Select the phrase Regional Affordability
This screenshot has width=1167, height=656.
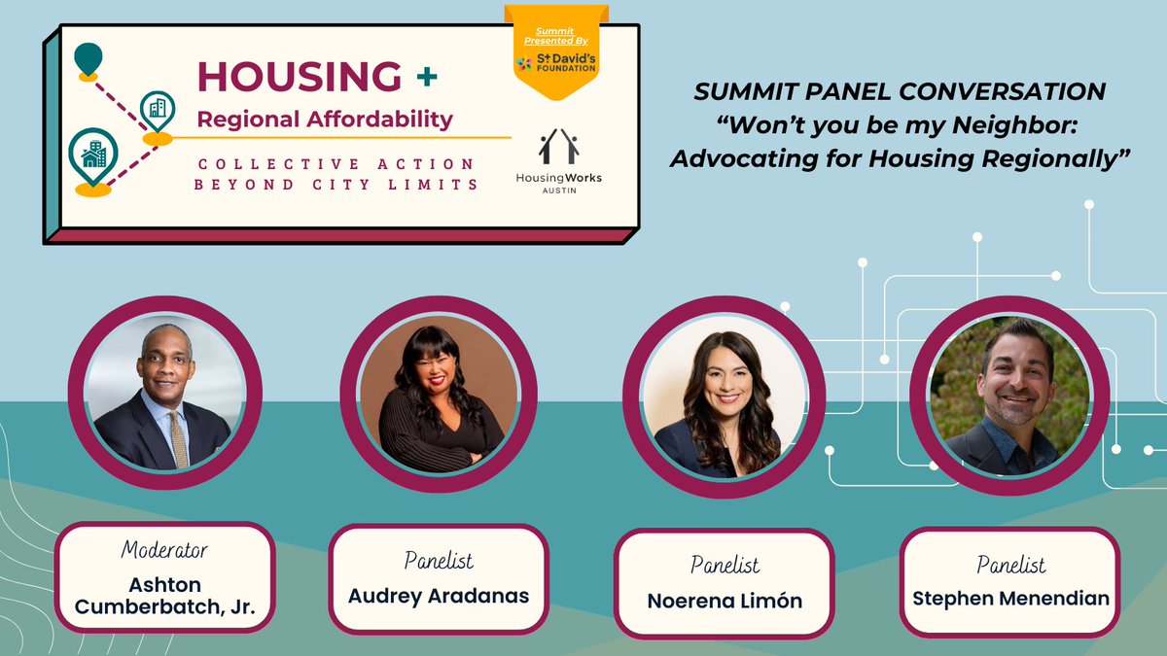325,119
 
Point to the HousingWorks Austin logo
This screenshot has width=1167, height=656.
558,161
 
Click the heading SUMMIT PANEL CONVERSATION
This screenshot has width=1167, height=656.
899,92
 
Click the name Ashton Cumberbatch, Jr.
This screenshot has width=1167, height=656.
164,597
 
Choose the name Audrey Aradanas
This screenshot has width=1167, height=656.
439,595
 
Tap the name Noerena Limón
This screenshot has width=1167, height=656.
725,601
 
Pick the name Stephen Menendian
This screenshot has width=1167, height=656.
1010,598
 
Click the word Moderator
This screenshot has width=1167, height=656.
164,550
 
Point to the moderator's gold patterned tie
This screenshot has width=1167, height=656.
178,438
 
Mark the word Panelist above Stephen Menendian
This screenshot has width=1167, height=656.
1010,565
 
